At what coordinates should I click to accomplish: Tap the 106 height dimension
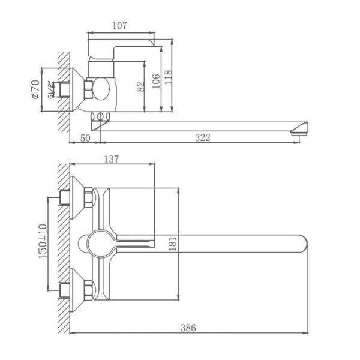point(155,80)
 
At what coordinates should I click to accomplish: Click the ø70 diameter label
point(35,89)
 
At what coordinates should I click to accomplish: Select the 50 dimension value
point(85,138)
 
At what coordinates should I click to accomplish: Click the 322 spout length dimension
point(203,138)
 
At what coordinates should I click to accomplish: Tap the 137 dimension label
point(112,160)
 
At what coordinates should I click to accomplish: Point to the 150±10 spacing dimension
point(41,242)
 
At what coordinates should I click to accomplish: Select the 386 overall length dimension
point(188,328)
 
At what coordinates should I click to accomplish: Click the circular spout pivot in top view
point(98,243)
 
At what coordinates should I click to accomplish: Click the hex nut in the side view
point(89,89)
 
